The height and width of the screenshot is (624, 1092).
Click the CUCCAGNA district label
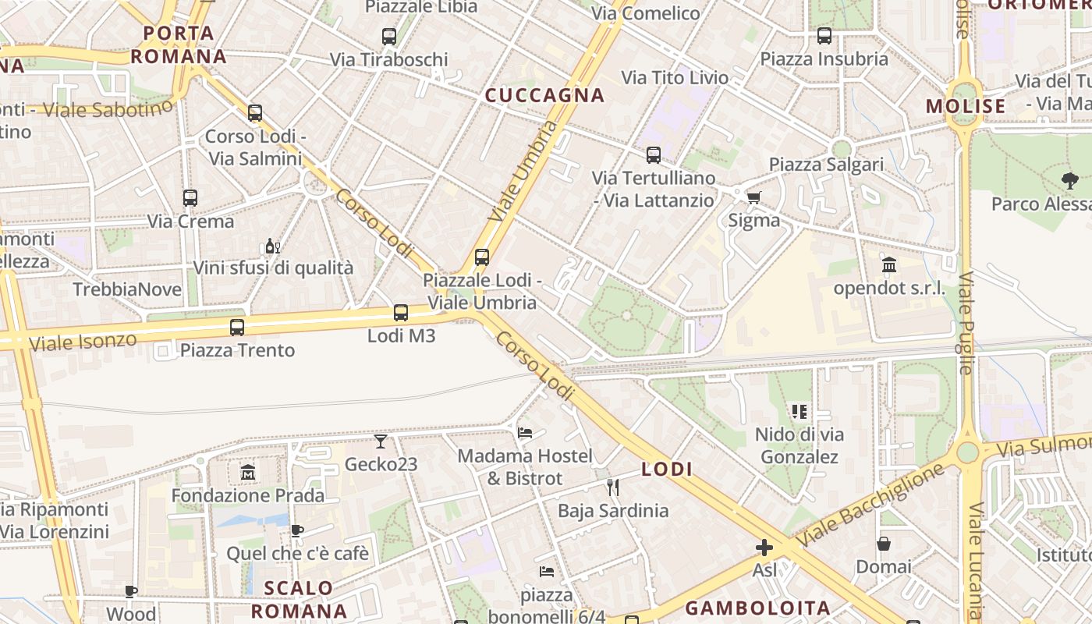pos(544,95)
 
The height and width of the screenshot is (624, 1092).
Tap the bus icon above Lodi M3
pos(401,313)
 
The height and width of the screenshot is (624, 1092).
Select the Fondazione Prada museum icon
pos(248,472)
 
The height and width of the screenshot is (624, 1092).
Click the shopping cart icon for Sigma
pos(753,197)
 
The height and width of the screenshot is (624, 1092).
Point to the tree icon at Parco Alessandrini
pos(1070,181)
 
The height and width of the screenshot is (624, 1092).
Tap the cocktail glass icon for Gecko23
pos(381,441)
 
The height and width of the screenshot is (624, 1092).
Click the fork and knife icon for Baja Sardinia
pos(613,487)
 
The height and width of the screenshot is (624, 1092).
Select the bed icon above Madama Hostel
pos(525,432)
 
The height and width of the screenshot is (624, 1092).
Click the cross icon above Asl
pos(764,548)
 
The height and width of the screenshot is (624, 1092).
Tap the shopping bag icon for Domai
pos(884,544)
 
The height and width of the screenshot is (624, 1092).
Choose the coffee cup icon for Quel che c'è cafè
pos(297,531)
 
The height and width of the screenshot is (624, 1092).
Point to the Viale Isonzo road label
pos(83,341)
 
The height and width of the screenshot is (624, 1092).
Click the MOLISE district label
pos(966,106)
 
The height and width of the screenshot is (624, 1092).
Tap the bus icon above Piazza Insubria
pos(824,36)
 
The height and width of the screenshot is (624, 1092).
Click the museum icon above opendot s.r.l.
pos(889,265)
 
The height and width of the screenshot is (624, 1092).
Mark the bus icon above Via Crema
pos(190,198)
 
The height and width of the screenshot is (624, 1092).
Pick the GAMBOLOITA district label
pos(757,608)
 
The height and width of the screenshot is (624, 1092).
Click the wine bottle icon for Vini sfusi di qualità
pos(272,246)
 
